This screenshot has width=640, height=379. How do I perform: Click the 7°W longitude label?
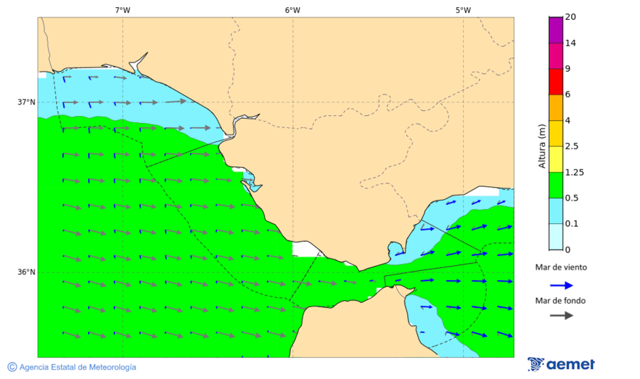122,10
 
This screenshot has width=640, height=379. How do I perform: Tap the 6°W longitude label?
292,10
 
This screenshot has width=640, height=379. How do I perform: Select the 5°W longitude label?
463,10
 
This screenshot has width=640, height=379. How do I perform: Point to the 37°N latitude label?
26,102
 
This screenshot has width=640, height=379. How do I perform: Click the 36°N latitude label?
26,272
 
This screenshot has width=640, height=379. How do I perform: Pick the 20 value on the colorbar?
570,17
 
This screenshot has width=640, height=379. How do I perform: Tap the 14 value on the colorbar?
570,43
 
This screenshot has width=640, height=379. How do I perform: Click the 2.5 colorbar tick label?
571,146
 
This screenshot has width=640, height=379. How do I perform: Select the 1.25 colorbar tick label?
573,172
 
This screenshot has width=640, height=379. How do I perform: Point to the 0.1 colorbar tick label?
571,224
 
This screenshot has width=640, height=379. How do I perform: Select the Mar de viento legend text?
561,267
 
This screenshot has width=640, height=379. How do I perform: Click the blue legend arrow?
562,284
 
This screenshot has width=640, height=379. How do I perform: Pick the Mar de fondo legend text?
561,301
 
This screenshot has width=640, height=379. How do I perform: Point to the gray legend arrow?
562,315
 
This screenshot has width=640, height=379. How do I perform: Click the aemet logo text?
570,365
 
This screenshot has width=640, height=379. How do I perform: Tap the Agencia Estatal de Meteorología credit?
77,367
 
